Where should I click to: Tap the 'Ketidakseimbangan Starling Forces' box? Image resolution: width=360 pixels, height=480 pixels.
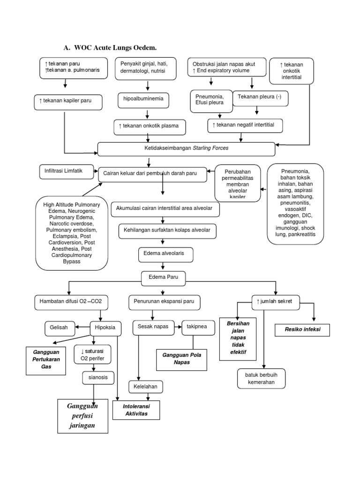coord(186,149)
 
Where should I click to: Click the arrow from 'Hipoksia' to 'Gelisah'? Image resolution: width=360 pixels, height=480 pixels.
coord(82,327)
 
